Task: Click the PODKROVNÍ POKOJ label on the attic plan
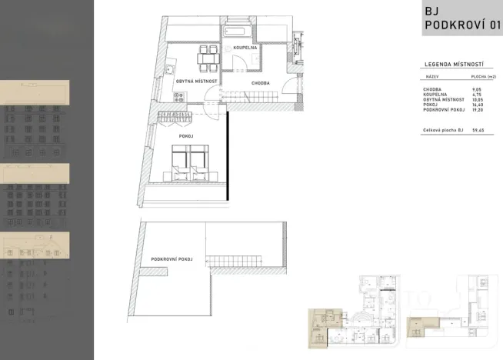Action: point(172,259)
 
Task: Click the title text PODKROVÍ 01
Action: point(462,25)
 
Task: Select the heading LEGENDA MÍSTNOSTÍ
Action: point(453,65)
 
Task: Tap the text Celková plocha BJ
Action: point(443,131)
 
